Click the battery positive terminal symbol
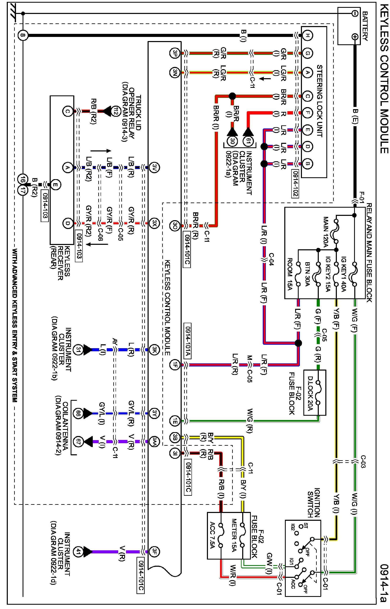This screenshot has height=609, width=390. pos(354,37)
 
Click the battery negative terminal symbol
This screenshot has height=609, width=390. pos(354,13)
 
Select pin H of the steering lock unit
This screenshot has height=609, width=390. pos(307,35)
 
